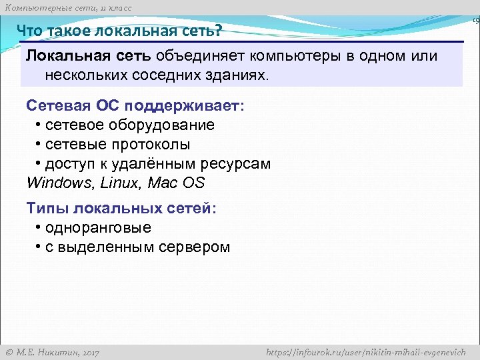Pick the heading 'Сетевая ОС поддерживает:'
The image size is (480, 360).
pyautogui.click(x=135, y=106)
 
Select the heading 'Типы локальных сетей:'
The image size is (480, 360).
pyautogui.click(x=121, y=209)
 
